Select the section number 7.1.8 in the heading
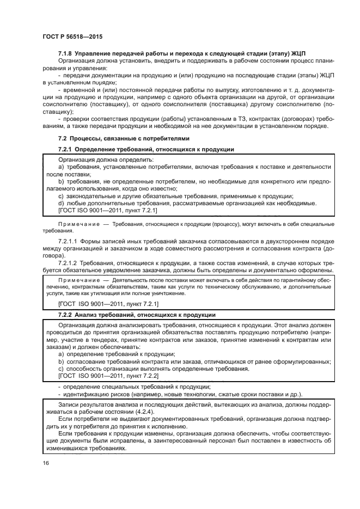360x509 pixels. [x=65, y=53]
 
